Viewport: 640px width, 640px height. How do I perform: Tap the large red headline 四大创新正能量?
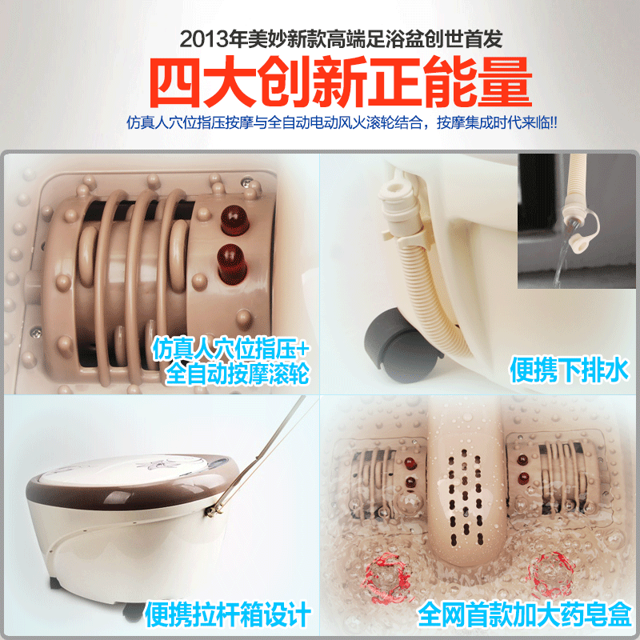coord(341,82)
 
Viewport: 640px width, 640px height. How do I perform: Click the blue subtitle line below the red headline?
coord(342,122)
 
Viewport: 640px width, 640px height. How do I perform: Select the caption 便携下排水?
coord(569,370)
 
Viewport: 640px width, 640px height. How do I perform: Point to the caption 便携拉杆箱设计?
coord(227,614)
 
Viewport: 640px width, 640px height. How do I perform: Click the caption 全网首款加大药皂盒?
coord(525,614)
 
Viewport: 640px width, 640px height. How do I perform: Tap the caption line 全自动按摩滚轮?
coord(237,373)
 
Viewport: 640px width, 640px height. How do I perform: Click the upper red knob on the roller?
coord(234,219)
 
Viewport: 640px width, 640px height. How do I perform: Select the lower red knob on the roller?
coord(231,264)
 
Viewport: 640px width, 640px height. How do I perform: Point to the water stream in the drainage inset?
coord(563,258)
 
